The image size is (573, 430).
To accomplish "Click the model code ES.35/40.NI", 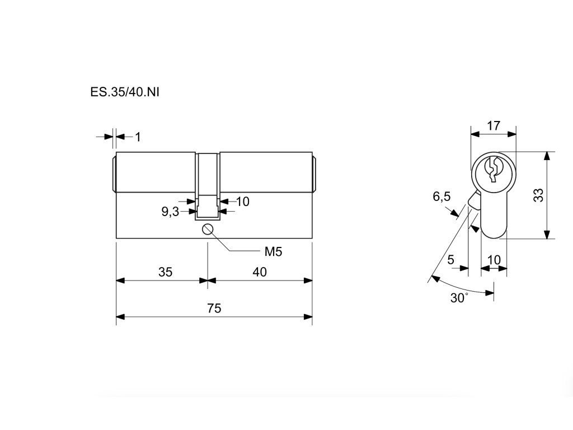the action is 125,92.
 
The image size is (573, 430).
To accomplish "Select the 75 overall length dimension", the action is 214,308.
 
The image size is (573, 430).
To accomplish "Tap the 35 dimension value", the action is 165,272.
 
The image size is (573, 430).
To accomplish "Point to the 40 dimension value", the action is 260,272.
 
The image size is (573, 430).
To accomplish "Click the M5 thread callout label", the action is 273,252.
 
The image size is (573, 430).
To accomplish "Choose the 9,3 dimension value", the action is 170,212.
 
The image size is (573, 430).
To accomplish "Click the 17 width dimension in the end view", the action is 493,125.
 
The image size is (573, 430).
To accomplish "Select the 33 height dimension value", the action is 538,195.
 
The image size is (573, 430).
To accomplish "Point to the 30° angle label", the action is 459,298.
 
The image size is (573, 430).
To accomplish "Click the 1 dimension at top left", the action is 138,137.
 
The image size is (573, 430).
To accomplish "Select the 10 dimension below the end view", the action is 494,260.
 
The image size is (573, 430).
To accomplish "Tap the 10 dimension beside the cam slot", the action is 243,202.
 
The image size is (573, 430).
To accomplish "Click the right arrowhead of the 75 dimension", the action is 308,317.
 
